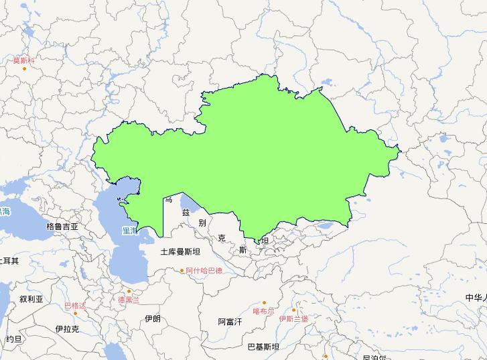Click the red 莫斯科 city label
pos(23,60)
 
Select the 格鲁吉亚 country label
pos(62,227)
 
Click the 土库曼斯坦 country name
pos(180,252)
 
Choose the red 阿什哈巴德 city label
pos(204,271)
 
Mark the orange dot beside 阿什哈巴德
pos(182,271)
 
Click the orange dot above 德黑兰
pos(129,292)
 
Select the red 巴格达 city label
pos(75,306)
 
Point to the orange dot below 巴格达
pos(76,313)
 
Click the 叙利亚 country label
pos(31,300)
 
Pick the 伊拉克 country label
pos(67,328)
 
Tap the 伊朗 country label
pos(152,318)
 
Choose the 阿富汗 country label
pos(230,322)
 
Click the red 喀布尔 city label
pos(263,311)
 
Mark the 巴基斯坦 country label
pos(263,347)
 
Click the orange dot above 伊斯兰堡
pos(293,310)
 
